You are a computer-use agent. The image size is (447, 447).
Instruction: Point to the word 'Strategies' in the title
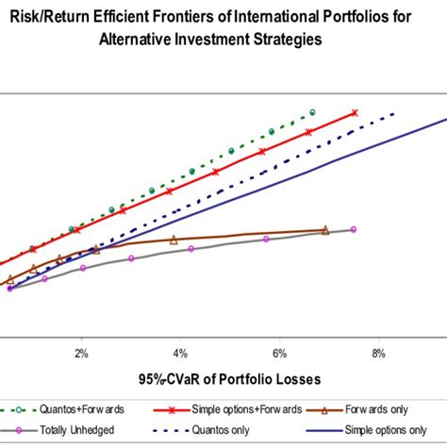click(306, 41)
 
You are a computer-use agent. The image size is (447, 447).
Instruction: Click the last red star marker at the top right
click(355, 113)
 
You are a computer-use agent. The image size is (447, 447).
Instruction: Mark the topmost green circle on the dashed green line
click(312, 113)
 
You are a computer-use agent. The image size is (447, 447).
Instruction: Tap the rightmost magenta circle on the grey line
click(354, 229)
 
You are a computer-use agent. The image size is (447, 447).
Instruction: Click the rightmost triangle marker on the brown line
click(325, 229)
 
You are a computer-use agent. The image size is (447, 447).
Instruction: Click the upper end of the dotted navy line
click(393, 113)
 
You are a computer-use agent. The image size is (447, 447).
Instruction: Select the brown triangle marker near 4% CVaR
click(174, 240)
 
